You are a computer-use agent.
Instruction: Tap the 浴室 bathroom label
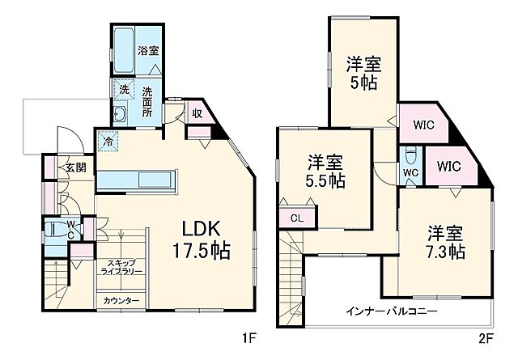pos(147,51)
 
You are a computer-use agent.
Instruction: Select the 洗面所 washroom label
pos(148,101)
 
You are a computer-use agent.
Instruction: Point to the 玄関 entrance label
pos(75,167)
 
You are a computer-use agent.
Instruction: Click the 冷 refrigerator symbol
pos(107,142)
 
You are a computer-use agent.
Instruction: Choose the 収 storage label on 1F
pos(197,113)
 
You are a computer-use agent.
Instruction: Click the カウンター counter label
pos(121,300)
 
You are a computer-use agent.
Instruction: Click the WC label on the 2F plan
pos(410,172)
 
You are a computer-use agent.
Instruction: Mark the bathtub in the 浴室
pos(123,50)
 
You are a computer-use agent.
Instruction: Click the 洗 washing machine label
pos(124,88)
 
